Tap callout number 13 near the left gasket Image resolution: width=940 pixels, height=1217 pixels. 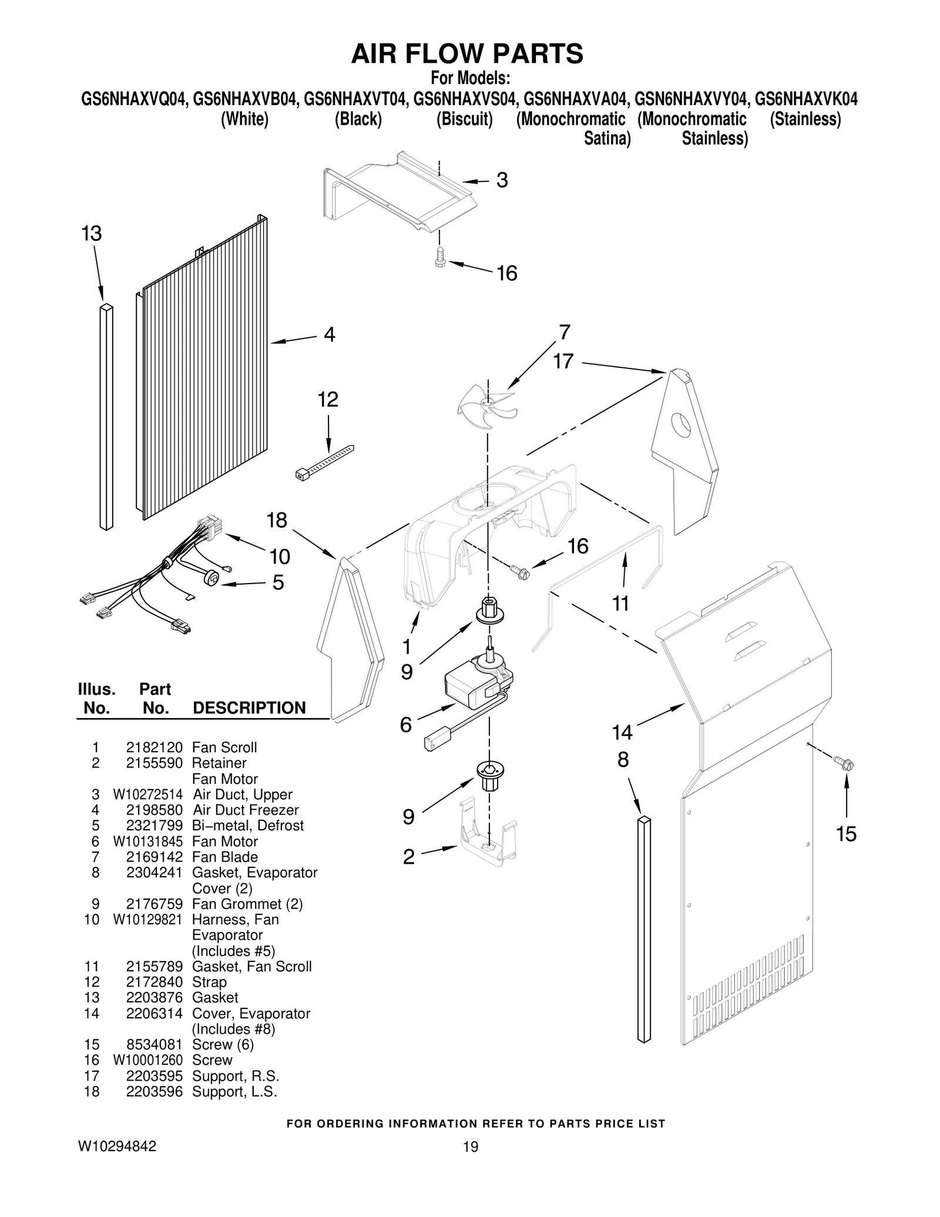pos(91,234)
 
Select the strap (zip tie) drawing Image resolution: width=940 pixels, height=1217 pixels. pos(325,464)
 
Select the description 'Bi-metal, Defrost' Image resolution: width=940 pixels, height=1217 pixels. pos(247,825)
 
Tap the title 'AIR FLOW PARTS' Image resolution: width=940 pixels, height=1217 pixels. pos(467,53)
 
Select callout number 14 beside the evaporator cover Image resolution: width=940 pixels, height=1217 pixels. pos(622,732)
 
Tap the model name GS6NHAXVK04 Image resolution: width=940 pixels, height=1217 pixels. pos(805,99)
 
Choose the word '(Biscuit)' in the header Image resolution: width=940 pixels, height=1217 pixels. pos(464,119)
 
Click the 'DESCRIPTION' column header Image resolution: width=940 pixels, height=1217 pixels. pos(249,708)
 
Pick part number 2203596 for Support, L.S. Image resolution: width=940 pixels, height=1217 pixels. pos(154,1091)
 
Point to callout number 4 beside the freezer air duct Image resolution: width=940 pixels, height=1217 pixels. pos(330,334)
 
